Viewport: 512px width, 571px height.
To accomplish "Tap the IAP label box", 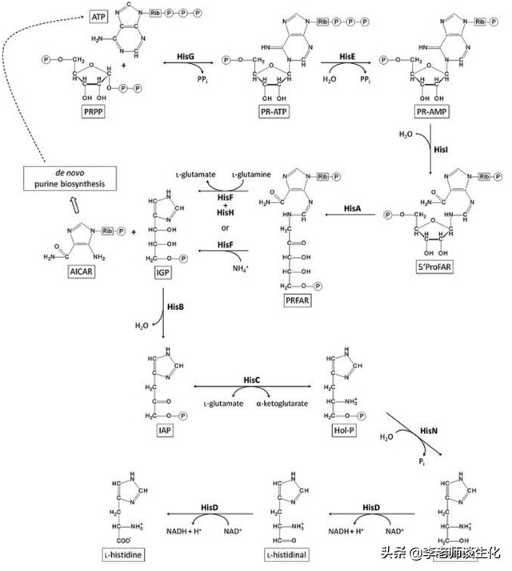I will coord(166,428).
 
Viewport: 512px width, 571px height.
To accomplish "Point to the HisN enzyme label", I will coord(430,430).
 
